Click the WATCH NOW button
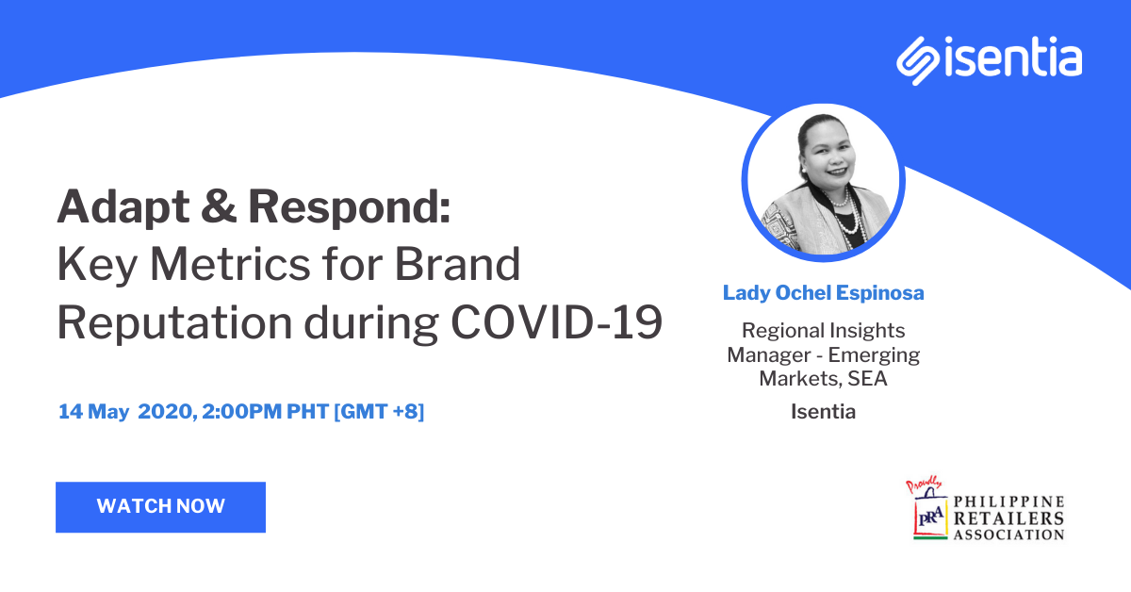point(160,506)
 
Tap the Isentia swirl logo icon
point(917,60)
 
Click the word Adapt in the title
point(123,208)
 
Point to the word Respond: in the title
point(349,208)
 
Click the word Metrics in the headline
point(230,264)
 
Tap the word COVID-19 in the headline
point(556,322)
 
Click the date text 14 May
point(94,412)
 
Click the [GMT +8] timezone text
point(379,412)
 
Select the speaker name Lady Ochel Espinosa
point(824,293)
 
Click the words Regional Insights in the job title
point(823,331)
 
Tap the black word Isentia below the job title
point(823,412)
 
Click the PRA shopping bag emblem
point(930,514)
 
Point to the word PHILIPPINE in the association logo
point(1008,502)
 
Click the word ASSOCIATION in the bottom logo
point(1008,534)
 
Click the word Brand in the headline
point(457,264)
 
